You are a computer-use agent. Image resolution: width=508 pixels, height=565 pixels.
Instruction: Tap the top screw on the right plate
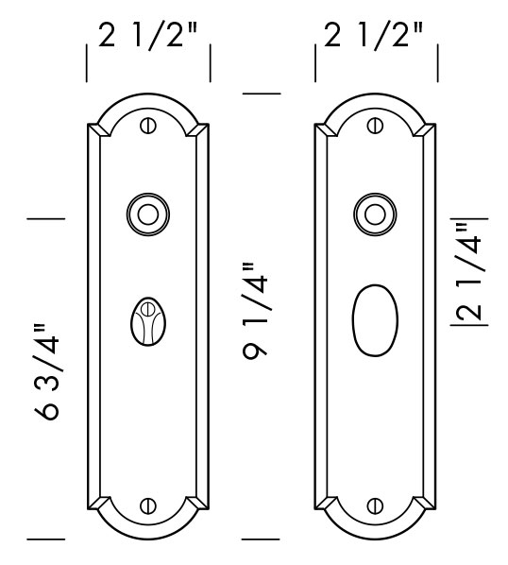coord(374,124)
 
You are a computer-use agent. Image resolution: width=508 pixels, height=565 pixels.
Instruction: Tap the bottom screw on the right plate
coord(374,505)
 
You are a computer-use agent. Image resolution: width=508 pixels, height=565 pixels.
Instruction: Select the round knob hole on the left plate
coord(146,214)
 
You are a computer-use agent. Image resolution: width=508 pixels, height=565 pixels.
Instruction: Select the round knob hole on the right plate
coord(374,214)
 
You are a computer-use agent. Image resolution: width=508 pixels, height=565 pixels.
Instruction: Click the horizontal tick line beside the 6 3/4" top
coord(45,218)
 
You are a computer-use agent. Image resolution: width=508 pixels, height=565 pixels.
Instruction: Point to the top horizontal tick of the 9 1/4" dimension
coord(262,94)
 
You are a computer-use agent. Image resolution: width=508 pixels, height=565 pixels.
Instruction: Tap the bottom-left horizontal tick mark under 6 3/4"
coord(45,539)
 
